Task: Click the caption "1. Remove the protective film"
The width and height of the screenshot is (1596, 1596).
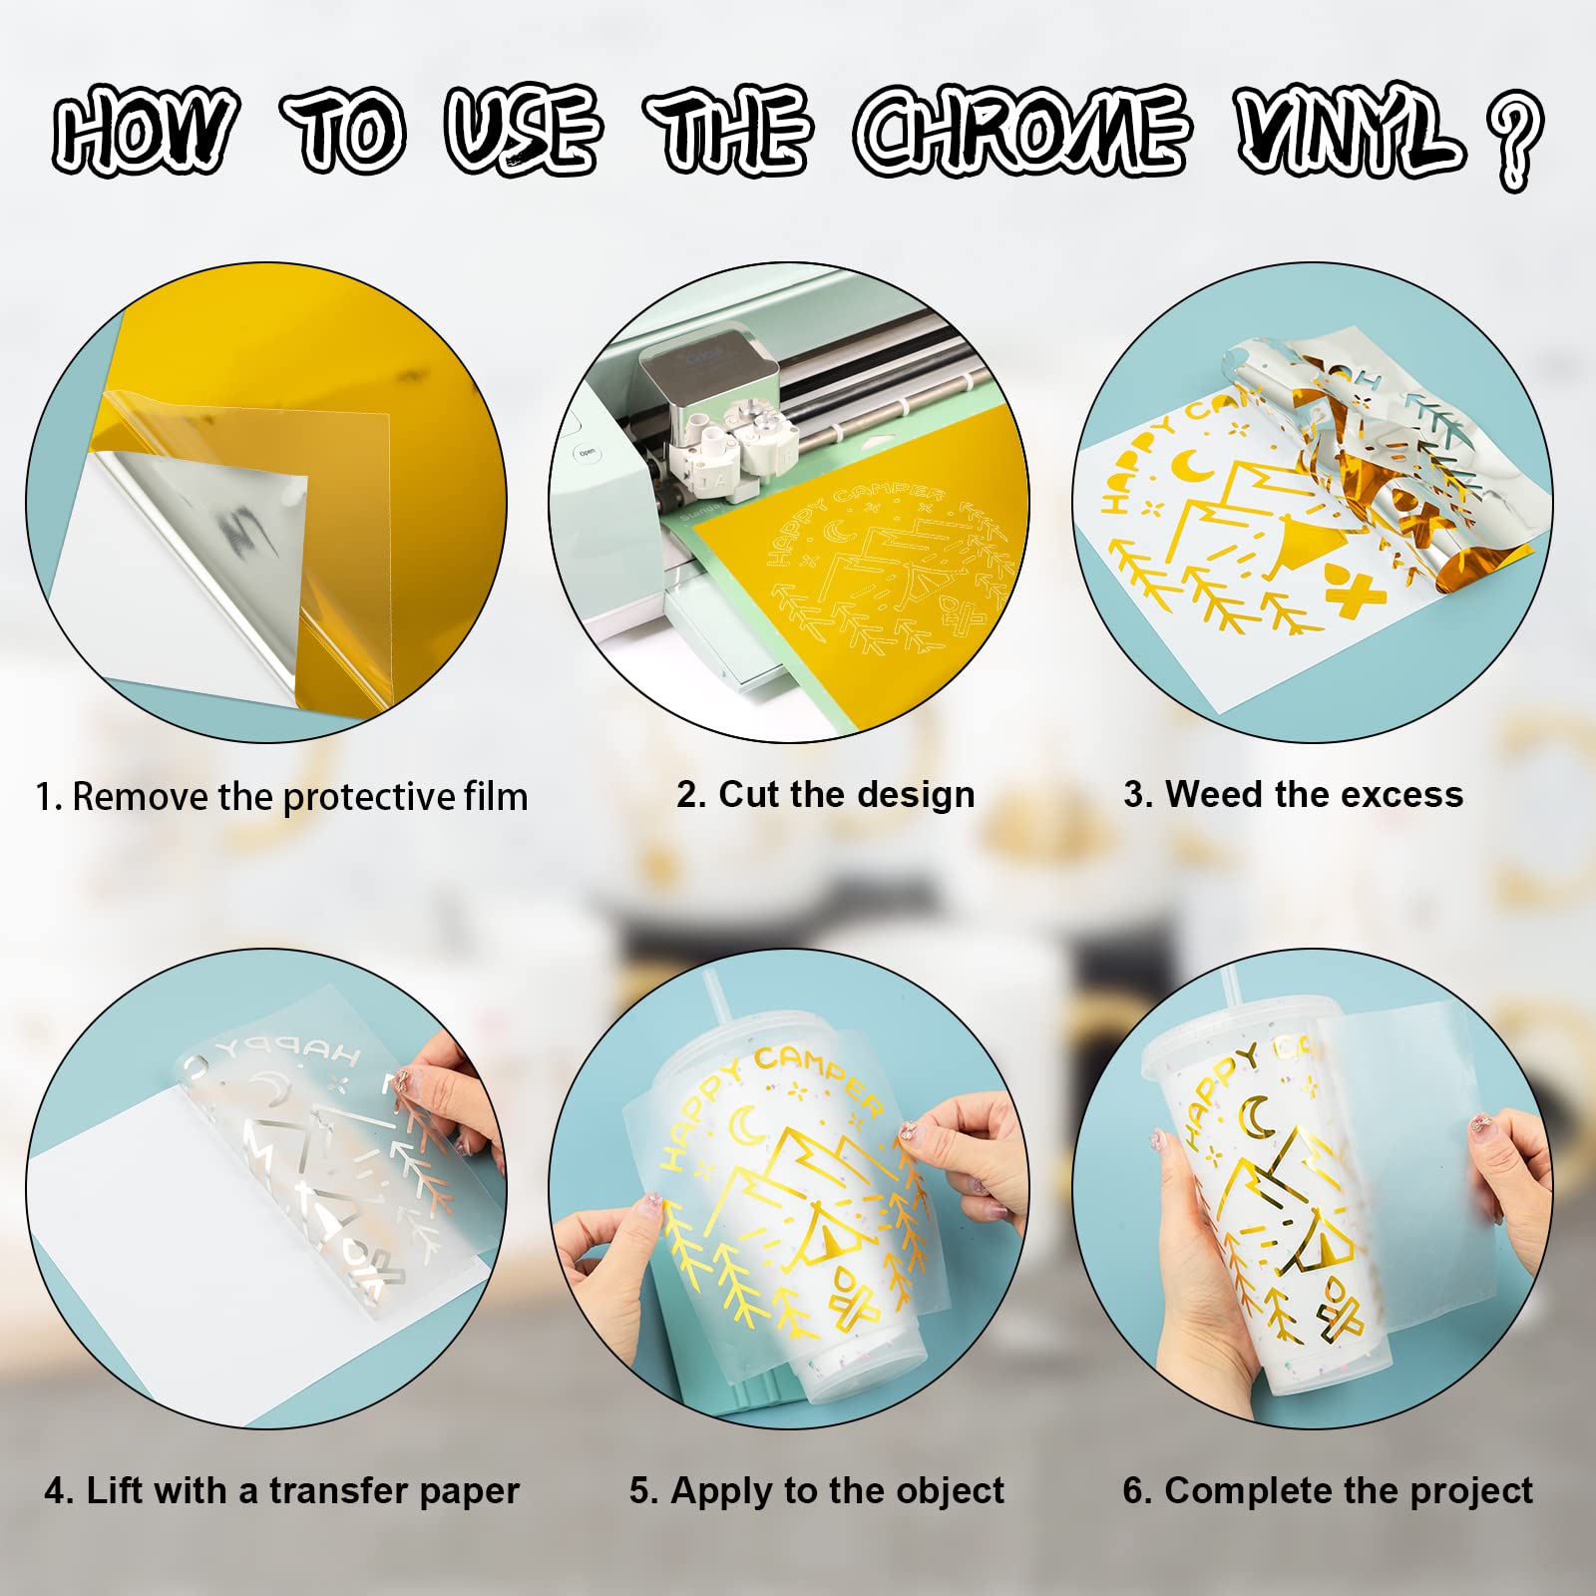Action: [x=281, y=797]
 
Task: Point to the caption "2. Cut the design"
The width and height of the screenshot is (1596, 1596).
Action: [x=825, y=794]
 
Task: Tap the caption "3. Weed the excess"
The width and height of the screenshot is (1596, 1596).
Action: [x=1293, y=794]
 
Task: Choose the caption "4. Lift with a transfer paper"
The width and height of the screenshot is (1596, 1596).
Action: [x=281, y=1490]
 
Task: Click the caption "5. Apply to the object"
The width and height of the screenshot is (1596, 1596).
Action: [x=816, y=1490]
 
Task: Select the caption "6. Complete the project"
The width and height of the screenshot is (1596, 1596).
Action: [x=1328, y=1490]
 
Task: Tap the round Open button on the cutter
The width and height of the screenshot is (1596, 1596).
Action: [x=587, y=453]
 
